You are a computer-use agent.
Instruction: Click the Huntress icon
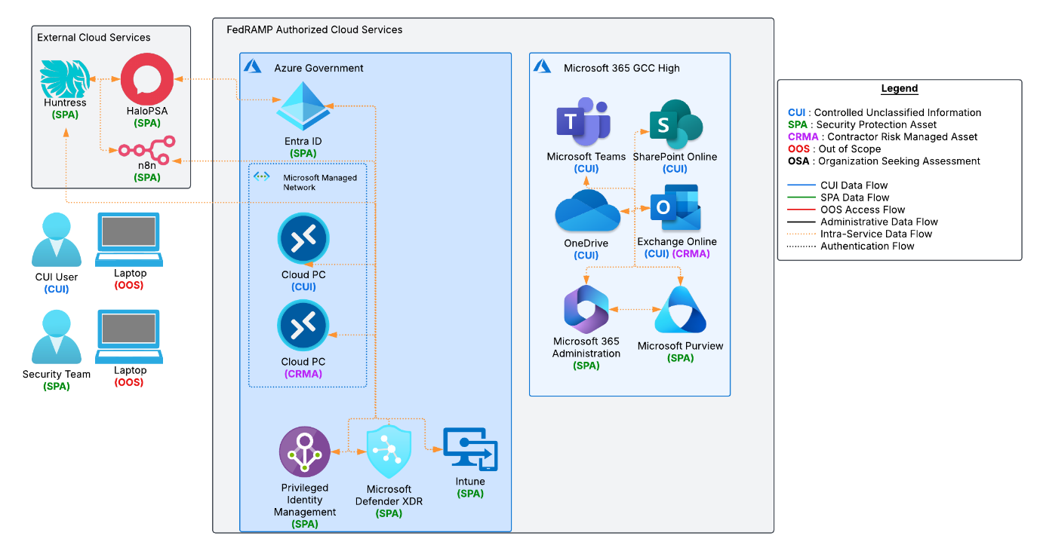click(x=64, y=78)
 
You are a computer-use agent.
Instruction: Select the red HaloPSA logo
click(x=148, y=78)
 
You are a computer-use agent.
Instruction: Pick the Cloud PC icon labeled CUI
click(x=303, y=239)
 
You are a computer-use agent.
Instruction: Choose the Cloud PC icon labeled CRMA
click(x=303, y=326)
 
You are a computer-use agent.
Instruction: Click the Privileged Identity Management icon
click(x=305, y=452)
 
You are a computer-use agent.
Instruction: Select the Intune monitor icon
click(x=470, y=450)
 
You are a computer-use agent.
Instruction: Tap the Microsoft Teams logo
click(x=583, y=123)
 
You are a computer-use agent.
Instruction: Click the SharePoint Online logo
click(x=675, y=124)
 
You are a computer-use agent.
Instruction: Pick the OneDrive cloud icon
click(x=587, y=212)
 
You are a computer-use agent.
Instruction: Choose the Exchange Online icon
click(x=675, y=208)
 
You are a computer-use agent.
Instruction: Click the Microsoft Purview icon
click(x=680, y=310)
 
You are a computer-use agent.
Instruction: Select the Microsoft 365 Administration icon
click(x=586, y=309)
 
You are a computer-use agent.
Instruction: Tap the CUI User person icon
click(x=57, y=240)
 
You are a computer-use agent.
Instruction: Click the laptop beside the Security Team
click(x=128, y=336)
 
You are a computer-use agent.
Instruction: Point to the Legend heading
click(x=899, y=88)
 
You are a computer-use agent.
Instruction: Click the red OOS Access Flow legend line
click(x=801, y=210)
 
